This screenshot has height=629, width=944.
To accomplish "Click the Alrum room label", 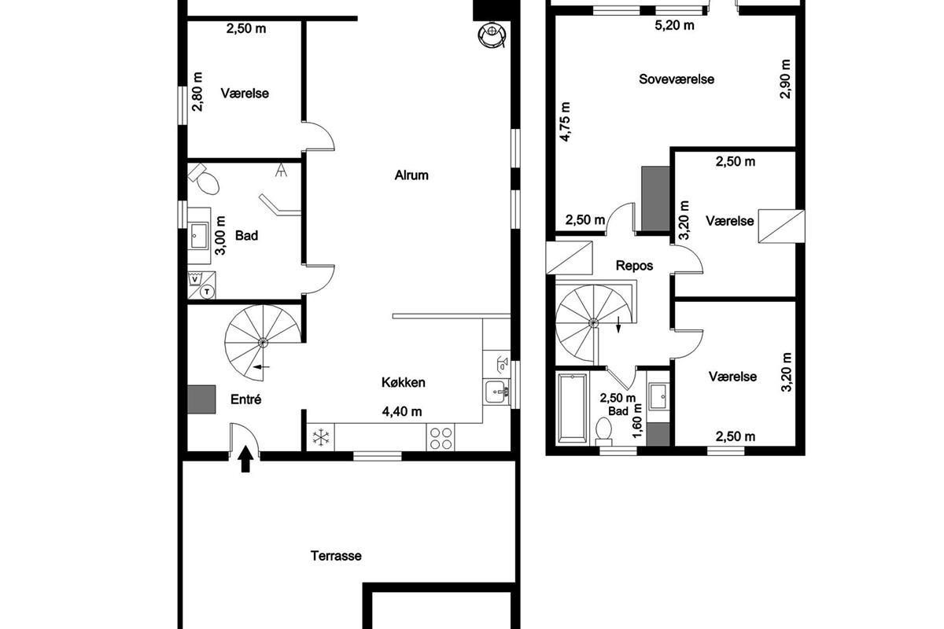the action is (x=411, y=175).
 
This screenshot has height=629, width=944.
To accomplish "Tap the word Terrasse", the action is (x=336, y=556).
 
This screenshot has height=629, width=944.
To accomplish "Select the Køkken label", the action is (x=404, y=382).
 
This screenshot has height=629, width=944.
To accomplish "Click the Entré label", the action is (x=245, y=399).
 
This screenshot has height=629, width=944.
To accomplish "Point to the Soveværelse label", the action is (x=677, y=79).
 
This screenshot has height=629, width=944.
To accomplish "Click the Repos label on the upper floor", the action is (x=634, y=266).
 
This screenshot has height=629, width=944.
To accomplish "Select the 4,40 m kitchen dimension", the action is (x=402, y=411).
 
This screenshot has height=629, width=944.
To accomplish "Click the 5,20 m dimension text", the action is (x=674, y=25).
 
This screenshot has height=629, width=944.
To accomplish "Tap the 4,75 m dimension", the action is (x=565, y=122).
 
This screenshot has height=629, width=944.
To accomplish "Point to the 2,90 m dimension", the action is (x=785, y=79).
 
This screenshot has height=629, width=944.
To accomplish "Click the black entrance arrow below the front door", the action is (x=245, y=460).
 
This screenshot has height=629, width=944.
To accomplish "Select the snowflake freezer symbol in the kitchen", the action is (x=320, y=437).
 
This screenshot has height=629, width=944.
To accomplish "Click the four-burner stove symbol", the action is (x=441, y=437).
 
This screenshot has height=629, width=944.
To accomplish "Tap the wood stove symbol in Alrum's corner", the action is (x=492, y=35).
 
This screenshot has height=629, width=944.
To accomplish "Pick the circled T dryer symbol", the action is (x=207, y=291).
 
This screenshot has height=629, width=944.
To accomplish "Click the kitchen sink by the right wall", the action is (x=496, y=392).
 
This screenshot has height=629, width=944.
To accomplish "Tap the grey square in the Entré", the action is (x=201, y=399).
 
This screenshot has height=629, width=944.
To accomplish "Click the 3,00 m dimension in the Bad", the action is (x=220, y=236).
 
